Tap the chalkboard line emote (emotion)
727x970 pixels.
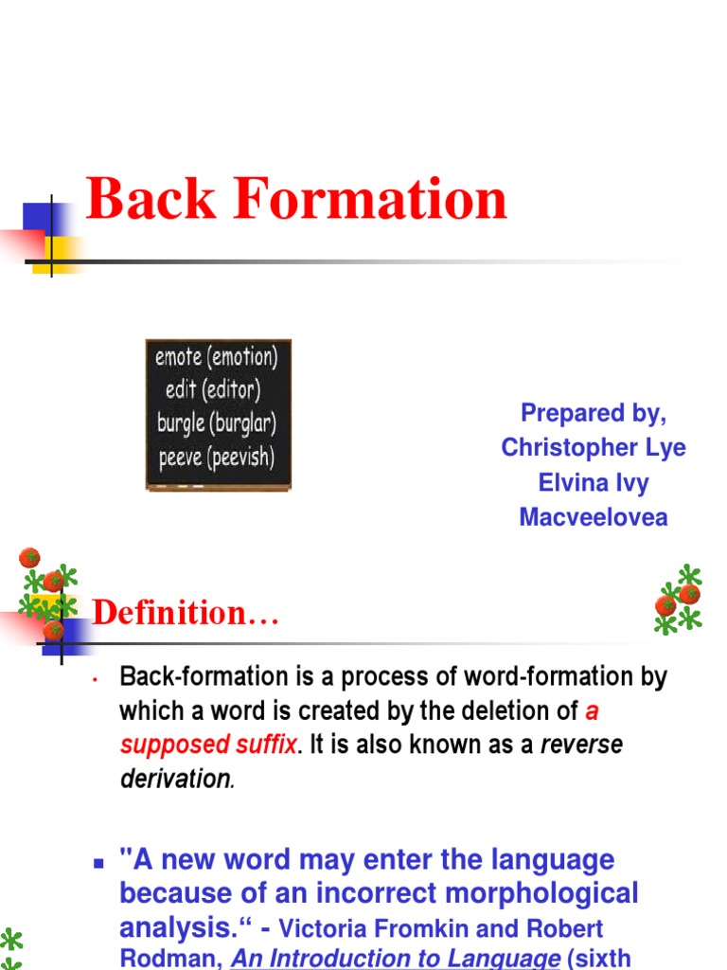(218, 357)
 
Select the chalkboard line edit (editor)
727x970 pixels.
(213, 390)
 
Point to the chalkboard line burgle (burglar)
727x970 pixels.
(217, 423)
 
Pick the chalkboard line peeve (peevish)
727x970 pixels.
(216, 458)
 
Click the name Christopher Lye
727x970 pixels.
(594, 448)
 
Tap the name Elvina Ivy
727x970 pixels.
(594, 482)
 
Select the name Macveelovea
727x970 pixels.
(594, 517)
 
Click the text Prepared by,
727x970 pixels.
(594, 413)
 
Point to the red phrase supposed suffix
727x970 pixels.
(208, 745)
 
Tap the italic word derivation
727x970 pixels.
(175, 780)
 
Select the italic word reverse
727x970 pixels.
(581, 745)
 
